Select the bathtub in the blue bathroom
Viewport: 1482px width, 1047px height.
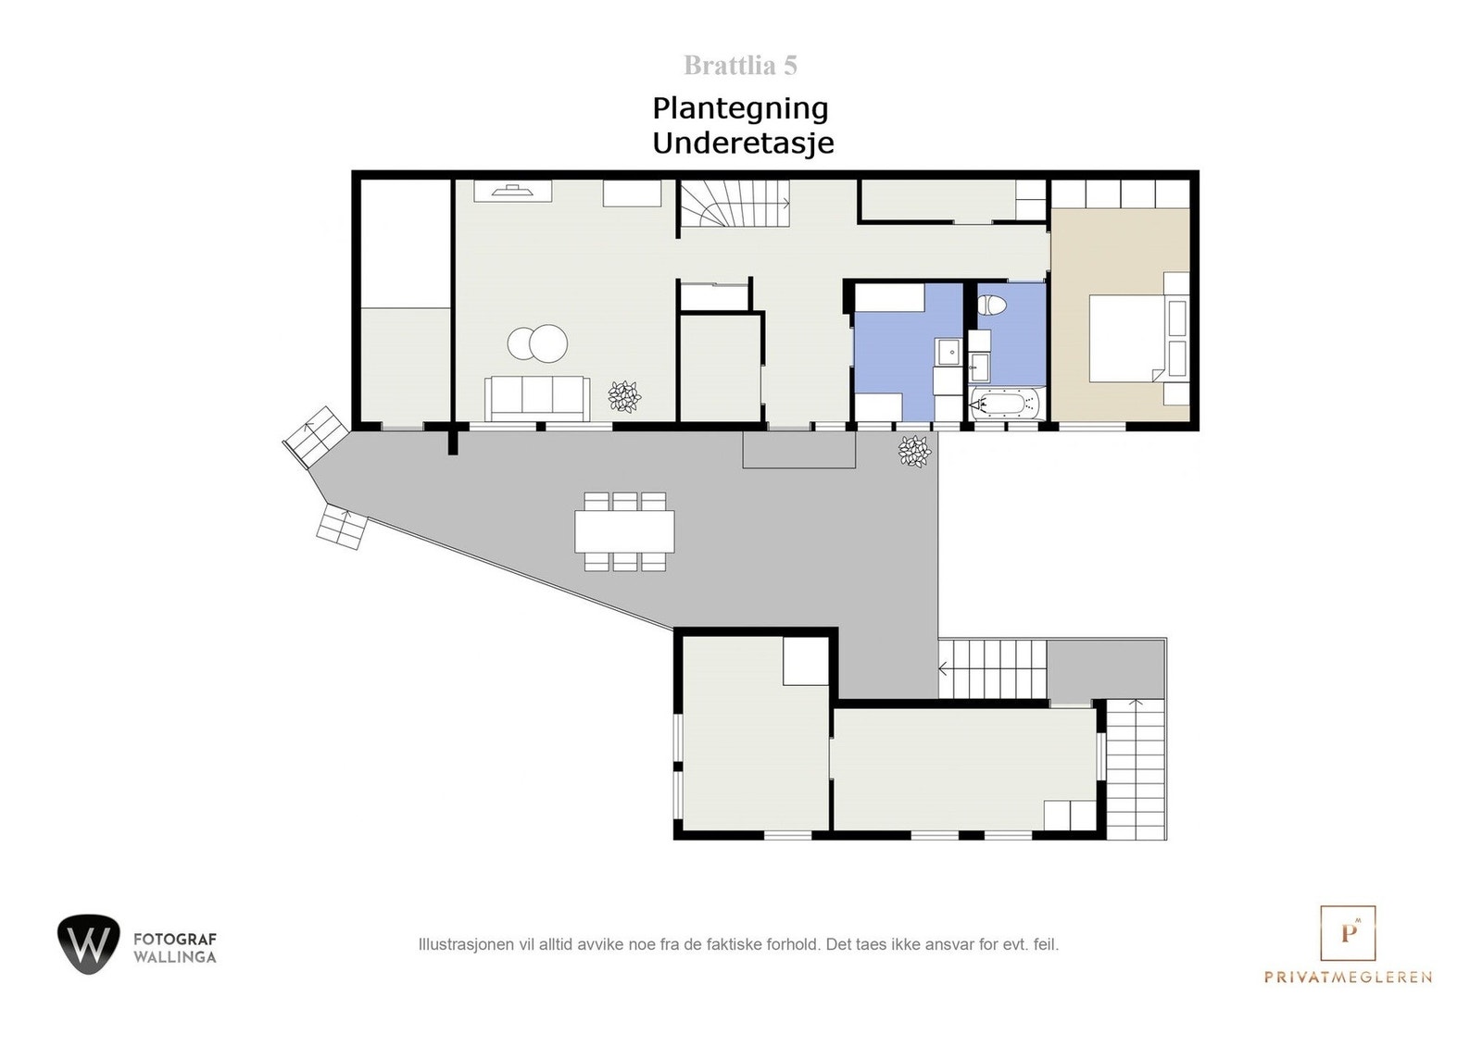1005,405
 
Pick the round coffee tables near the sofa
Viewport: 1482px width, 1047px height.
537,343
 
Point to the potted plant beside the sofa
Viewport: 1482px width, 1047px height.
624,396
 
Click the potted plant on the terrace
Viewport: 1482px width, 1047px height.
914,451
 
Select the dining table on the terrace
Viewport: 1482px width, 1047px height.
624,531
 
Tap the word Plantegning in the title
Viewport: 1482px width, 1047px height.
740,108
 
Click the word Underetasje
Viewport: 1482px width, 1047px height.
743,143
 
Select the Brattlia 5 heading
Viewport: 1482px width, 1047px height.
740,66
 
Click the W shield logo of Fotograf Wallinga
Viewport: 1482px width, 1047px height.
88,943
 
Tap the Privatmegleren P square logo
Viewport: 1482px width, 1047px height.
1348,933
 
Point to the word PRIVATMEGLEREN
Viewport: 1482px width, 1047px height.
1348,977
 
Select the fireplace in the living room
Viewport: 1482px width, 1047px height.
512,192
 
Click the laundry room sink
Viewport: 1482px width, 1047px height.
948,353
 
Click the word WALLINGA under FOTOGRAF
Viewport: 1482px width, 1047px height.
175,957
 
